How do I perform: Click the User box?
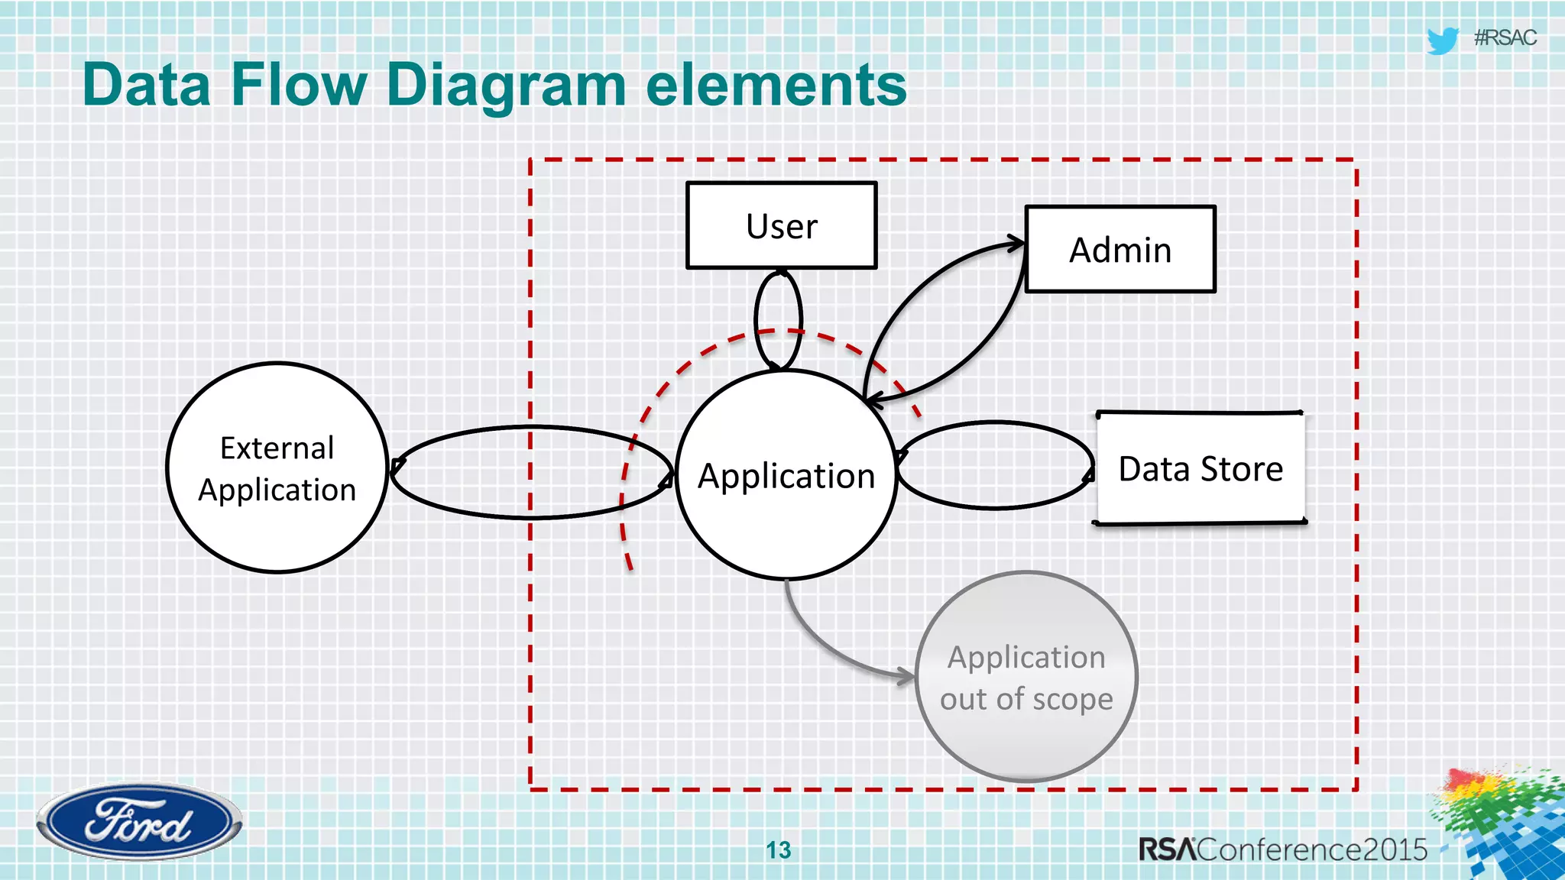click(x=781, y=225)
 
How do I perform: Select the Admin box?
click(x=1119, y=249)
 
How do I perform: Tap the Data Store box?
click(x=1200, y=468)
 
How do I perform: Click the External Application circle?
click(x=277, y=467)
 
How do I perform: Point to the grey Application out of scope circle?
click(x=1026, y=677)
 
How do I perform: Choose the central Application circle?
click(x=786, y=475)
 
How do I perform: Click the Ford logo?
click(x=139, y=822)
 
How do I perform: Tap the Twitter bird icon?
click(x=1443, y=40)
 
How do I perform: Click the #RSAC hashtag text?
click(x=1505, y=37)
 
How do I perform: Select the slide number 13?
click(x=778, y=849)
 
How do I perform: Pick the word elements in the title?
click(x=776, y=86)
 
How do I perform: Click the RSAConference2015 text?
click(x=1282, y=849)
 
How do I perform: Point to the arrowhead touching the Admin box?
click(x=1016, y=244)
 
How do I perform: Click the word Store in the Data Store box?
click(x=1242, y=468)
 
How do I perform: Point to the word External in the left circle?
click(x=277, y=448)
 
